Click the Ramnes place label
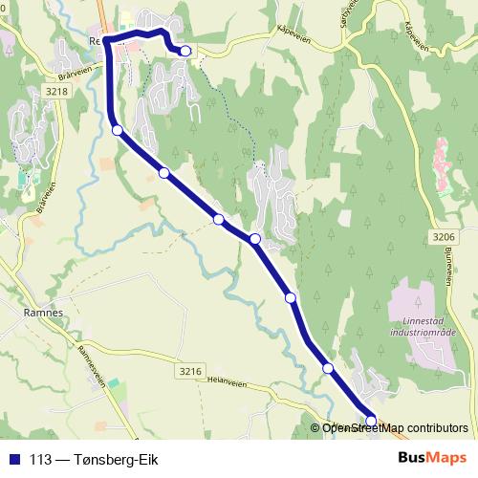[44, 313]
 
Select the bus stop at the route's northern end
[185, 51]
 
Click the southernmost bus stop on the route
[371, 419]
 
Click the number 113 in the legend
[40, 458]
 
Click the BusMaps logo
[433, 457]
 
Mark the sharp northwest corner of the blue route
[106, 39]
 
